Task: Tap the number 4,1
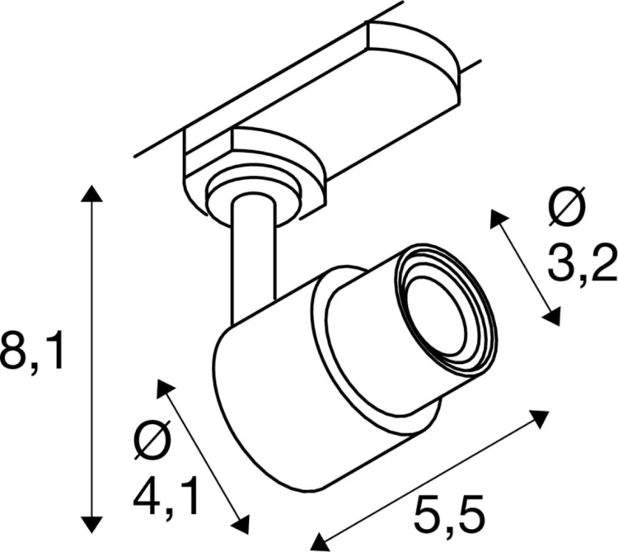165,497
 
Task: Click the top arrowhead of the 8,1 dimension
91,195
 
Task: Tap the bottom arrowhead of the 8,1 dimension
91,521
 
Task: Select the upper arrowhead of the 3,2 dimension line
496,218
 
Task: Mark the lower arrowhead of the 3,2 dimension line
554,317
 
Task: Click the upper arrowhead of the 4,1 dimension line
162,387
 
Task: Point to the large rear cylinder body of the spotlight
272,396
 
